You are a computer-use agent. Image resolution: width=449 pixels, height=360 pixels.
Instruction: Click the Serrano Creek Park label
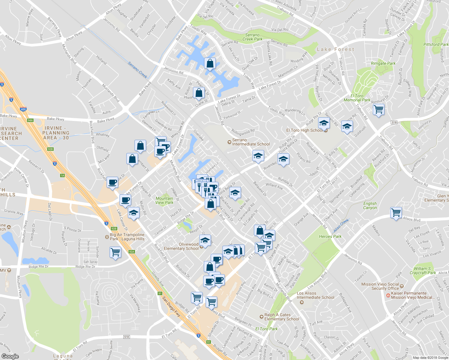tap(252, 37)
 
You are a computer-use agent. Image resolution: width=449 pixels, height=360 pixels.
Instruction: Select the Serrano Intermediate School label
tap(251, 142)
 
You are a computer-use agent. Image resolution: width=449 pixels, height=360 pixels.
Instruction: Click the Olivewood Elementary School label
tap(181, 246)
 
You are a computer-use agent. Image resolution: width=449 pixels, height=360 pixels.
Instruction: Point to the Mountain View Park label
tap(164, 200)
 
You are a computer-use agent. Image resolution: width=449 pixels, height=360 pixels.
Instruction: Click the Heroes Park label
tap(330, 236)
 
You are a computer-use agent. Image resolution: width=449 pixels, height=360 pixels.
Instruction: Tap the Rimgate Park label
tap(383, 63)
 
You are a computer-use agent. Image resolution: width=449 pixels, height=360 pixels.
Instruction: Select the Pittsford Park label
tap(436, 44)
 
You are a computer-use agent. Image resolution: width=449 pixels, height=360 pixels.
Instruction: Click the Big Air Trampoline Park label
tap(127, 237)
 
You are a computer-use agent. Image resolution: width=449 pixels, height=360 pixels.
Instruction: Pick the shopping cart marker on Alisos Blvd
tap(396, 213)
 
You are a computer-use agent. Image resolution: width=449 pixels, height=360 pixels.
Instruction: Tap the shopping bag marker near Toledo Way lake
tap(210, 63)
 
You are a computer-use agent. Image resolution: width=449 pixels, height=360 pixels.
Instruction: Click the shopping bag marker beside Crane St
tap(199, 93)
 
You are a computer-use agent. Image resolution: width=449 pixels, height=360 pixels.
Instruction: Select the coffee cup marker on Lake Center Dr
tap(125, 199)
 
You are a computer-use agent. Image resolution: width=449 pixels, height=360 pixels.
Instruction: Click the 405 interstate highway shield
tap(23, 109)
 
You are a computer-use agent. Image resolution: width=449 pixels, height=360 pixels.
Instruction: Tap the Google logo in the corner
tap(10, 356)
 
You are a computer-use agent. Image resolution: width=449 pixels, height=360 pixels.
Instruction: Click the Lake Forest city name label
tap(336, 49)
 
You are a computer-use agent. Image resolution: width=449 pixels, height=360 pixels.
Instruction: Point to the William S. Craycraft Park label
tap(423, 271)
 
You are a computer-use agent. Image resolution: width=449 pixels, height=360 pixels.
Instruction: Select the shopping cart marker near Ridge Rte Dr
tap(115, 252)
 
